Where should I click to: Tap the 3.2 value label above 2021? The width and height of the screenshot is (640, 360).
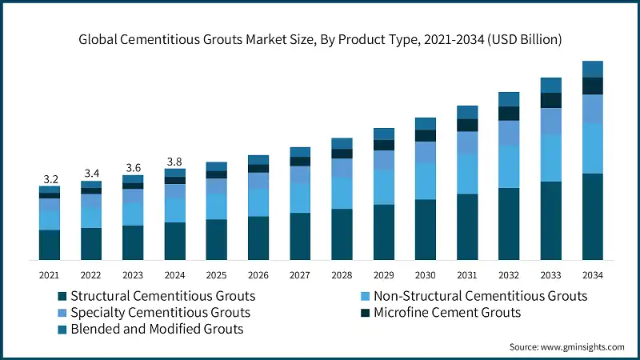click(x=50, y=178)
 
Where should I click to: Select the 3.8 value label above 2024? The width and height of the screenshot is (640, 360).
click(x=174, y=162)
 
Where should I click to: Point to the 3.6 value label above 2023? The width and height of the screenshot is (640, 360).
click(x=133, y=168)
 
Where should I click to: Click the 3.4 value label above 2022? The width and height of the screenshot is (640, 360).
click(x=91, y=174)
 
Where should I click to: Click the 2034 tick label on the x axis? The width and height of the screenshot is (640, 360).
click(x=592, y=274)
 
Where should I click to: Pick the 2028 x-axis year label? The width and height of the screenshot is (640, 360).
click(x=342, y=274)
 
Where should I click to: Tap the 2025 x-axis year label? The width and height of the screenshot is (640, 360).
click(x=216, y=274)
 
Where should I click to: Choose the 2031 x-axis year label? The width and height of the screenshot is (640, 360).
click(x=466, y=274)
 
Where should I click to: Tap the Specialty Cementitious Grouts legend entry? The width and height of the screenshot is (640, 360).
click(x=160, y=312)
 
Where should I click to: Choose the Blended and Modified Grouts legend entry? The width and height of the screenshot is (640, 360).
click(x=157, y=328)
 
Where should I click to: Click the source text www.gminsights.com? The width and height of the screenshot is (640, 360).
click(x=566, y=347)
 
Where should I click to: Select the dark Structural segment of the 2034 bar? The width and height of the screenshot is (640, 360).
click(x=592, y=216)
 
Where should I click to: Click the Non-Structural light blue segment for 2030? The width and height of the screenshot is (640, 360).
click(x=425, y=181)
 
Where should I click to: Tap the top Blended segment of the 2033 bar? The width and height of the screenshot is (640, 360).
click(x=550, y=85)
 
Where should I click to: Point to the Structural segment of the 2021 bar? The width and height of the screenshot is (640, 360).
click(x=50, y=245)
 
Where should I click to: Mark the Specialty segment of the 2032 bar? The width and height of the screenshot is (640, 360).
click(x=509, y=133)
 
